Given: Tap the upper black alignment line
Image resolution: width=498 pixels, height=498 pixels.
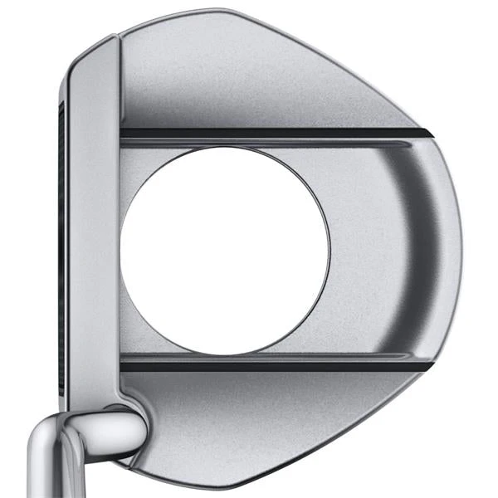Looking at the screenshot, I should coord(274,132).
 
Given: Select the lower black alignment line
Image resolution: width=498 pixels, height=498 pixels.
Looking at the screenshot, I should coord(274,364).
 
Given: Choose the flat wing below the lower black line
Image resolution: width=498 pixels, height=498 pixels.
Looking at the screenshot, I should coord(274,415).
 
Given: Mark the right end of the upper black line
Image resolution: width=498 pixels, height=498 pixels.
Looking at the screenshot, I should coord(427,133).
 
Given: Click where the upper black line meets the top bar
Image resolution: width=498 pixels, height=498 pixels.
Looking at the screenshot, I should coord(123,132).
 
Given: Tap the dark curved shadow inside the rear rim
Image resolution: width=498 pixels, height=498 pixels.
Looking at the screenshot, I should coord(415,241).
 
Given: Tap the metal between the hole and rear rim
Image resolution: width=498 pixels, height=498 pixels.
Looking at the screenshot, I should coord(365,249).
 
